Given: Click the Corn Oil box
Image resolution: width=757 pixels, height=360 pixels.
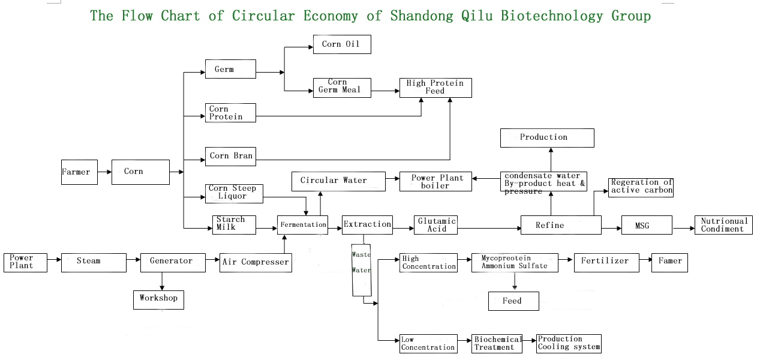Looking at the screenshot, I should tap(342, 44).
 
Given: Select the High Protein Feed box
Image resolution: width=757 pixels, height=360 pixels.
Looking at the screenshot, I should tap(435, 88).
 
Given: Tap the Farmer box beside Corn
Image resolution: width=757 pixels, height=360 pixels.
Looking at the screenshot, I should tap(79, 172).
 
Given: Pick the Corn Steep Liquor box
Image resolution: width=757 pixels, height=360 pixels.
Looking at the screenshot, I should tap(234, 192).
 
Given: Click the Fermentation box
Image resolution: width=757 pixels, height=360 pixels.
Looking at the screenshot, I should tap(302, 225).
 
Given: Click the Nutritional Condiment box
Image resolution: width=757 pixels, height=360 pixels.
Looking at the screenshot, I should tap(723, 225).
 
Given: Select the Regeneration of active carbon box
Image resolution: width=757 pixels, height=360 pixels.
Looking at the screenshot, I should tap(641, 187).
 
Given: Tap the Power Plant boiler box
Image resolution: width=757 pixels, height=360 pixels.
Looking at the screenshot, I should tap(435, 182).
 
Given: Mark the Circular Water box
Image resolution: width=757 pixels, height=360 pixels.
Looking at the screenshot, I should tap(338, 181).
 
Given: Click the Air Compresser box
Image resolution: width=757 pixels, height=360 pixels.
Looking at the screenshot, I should tap(256, 263).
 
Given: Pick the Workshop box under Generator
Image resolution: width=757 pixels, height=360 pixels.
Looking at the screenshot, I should tap(158, 299).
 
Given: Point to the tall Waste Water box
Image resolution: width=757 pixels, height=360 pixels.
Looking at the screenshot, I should tap(361, 270).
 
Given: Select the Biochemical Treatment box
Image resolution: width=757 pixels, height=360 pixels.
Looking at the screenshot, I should tap(497, 343).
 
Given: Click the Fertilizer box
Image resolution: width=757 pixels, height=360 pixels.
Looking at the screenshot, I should tap(606, 262).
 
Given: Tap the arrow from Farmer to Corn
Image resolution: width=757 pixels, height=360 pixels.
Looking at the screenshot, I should tap(104, 172).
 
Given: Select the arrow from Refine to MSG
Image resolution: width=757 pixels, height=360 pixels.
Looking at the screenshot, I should tap(611, 229).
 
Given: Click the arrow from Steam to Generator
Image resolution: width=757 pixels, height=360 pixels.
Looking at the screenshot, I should tap(133, 260).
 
